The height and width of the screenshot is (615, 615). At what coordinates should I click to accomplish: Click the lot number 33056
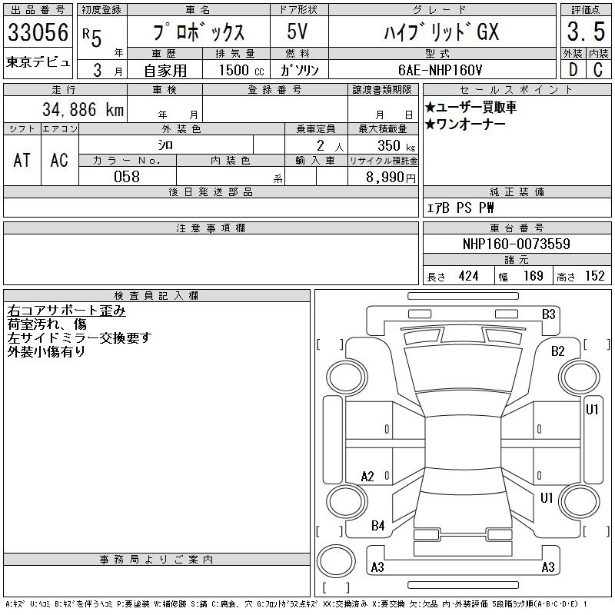[38, 32]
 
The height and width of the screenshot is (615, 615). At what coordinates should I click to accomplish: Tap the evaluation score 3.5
[586, 32]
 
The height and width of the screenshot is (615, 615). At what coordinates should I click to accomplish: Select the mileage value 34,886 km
[83, 109]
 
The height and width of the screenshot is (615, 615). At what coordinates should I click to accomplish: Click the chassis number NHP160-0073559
[516, 244]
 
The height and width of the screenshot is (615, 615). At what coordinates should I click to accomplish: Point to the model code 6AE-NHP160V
[440, 70]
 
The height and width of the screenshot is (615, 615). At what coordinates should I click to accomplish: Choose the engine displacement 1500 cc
[241, 70]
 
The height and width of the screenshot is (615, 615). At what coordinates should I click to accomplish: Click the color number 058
[127, 177]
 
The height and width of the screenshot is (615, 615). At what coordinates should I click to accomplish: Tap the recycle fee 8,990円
[391, 178]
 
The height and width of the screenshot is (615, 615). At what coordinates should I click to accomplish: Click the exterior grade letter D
[573, 70]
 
